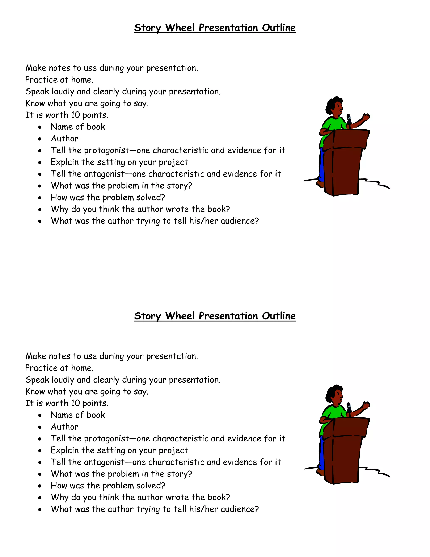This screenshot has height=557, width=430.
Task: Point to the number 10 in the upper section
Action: [x=75, y=115]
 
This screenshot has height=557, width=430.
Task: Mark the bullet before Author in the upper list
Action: [x=40, y=139]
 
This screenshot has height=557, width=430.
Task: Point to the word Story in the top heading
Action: [x=147, y=28]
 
